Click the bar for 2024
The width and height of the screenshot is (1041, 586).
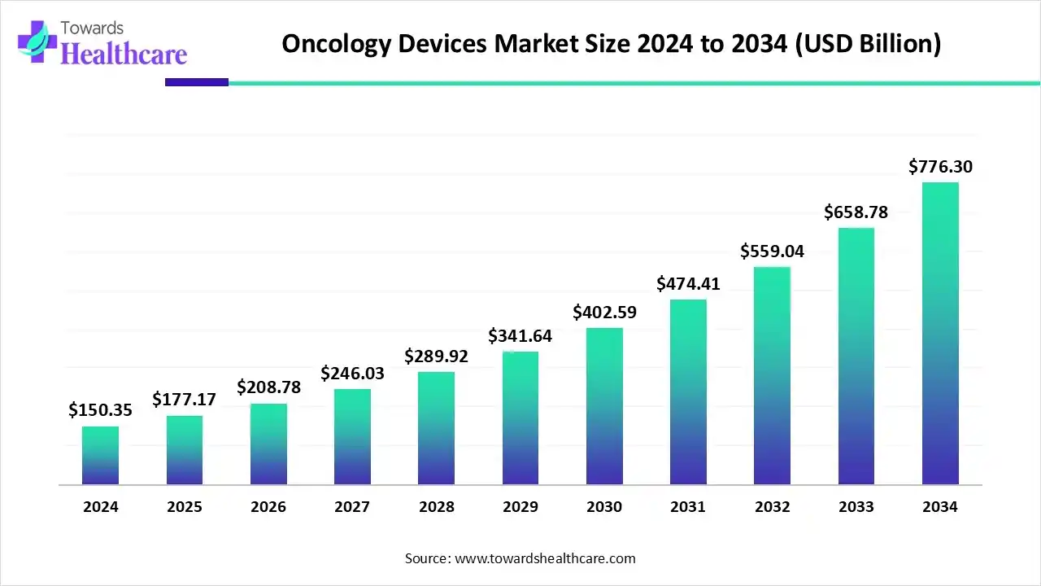coord(100,456)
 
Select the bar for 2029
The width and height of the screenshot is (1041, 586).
coord(520,418)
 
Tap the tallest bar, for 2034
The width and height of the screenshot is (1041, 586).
coord(940,334)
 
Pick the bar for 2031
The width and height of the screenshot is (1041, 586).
coord(688,392)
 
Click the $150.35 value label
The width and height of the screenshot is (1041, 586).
coord(100,409)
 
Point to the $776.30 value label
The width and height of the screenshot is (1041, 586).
coord(940,167)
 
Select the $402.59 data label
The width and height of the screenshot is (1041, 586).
coord(604,312)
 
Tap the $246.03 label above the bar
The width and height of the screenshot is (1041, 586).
coord(352,373)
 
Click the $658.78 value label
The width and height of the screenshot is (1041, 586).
coord(856,212)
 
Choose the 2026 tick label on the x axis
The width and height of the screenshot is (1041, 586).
coord(268,507)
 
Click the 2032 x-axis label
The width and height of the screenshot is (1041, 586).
coord(772,507)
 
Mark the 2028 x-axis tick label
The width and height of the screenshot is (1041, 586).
coord(437,507)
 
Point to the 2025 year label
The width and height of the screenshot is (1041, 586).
coord(185,507)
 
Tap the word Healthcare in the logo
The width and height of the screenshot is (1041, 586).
coord(124,54)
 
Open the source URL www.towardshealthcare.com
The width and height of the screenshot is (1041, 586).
coord(543,558)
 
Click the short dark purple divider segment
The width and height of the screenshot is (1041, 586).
coord(197,82)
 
